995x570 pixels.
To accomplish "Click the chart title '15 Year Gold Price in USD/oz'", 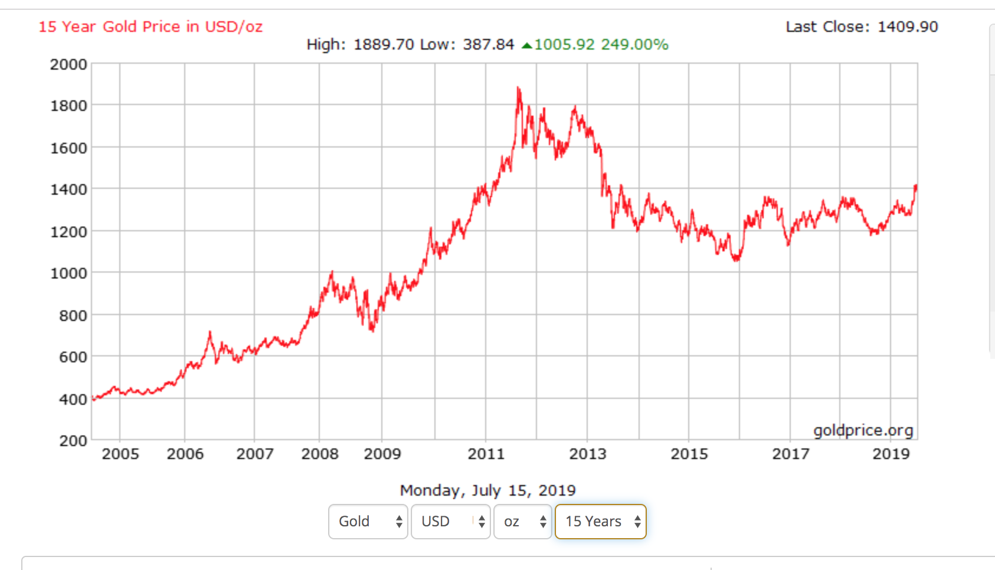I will tap(150, 27).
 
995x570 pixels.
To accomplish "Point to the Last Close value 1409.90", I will tap(908, 27).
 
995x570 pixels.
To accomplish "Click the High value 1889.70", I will tap(384, 45).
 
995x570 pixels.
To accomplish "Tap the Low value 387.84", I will tap(488, 45).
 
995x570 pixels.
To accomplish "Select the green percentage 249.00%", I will tap(635, 45).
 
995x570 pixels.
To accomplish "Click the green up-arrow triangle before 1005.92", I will tap(527, 45).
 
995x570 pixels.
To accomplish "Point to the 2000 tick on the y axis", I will tap(68, 64).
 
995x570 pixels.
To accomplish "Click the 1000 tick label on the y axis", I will tap(68, 273).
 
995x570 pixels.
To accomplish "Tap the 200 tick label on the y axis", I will tap(73, 441).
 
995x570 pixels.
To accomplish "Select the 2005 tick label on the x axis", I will tap(120, 454).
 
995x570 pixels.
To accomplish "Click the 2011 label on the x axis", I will tap(486, 454).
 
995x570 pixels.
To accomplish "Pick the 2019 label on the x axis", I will tap(891, 454).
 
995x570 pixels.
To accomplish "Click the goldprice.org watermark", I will tap(863, 431).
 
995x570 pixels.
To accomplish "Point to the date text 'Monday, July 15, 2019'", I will tap(487, 490).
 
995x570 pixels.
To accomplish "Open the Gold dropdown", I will tap(368, 522).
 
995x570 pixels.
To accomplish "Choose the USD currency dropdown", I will tap(451, 522).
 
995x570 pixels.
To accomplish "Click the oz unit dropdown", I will tap(523, 522).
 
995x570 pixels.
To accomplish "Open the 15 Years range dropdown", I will tap(601, 522).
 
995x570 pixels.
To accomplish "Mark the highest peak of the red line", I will tap(518, 88).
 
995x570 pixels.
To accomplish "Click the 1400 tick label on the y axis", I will tap(68, 189).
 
